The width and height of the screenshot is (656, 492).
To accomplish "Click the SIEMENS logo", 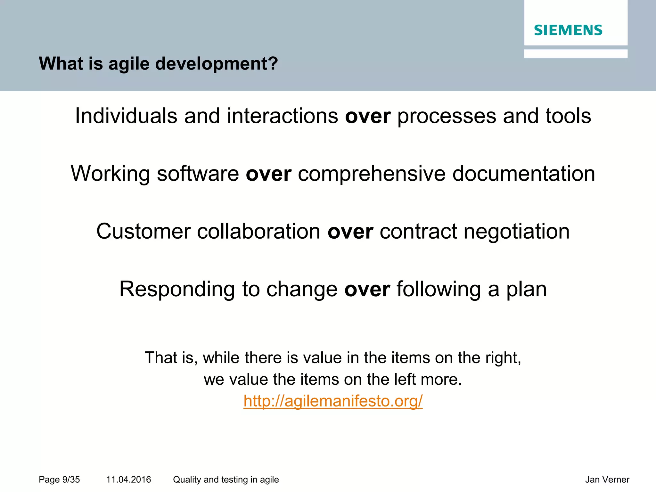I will [568, 30].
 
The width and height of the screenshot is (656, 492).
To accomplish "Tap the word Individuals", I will [126, 116].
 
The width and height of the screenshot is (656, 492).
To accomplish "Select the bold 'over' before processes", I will [368, 116].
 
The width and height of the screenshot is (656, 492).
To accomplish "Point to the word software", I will [198, 174].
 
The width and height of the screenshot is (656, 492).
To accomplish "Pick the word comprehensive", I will [372, 174].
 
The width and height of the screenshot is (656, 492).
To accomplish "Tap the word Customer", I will [143, 231].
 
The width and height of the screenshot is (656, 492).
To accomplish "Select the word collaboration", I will [258, 231].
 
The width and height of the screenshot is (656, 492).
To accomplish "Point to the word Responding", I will [177, 289].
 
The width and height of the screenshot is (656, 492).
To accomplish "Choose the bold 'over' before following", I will [367, 289].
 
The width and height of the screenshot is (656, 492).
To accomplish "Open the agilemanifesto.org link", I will [333, 401].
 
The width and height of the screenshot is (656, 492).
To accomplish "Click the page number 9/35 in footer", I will [71, 480].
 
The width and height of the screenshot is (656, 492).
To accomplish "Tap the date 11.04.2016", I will [128, 480].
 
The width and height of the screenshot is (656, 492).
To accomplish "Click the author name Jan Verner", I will [607, 480].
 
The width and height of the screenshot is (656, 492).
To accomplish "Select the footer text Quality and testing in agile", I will [226, 480].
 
